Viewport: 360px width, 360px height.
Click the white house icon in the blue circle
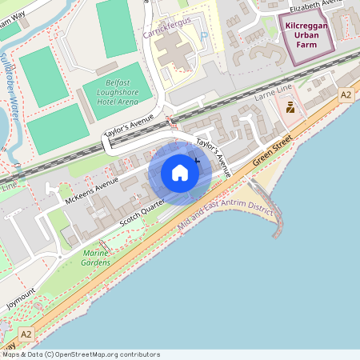pos(180,173)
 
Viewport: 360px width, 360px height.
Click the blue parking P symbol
pos(203,35)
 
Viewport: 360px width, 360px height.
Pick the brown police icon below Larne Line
pos(290,106)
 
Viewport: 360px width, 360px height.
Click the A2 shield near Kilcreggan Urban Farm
pos(346,95)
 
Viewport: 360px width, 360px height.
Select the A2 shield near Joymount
pos(26,334)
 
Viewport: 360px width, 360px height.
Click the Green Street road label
pos(274,149)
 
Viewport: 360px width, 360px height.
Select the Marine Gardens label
pos(96,258)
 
